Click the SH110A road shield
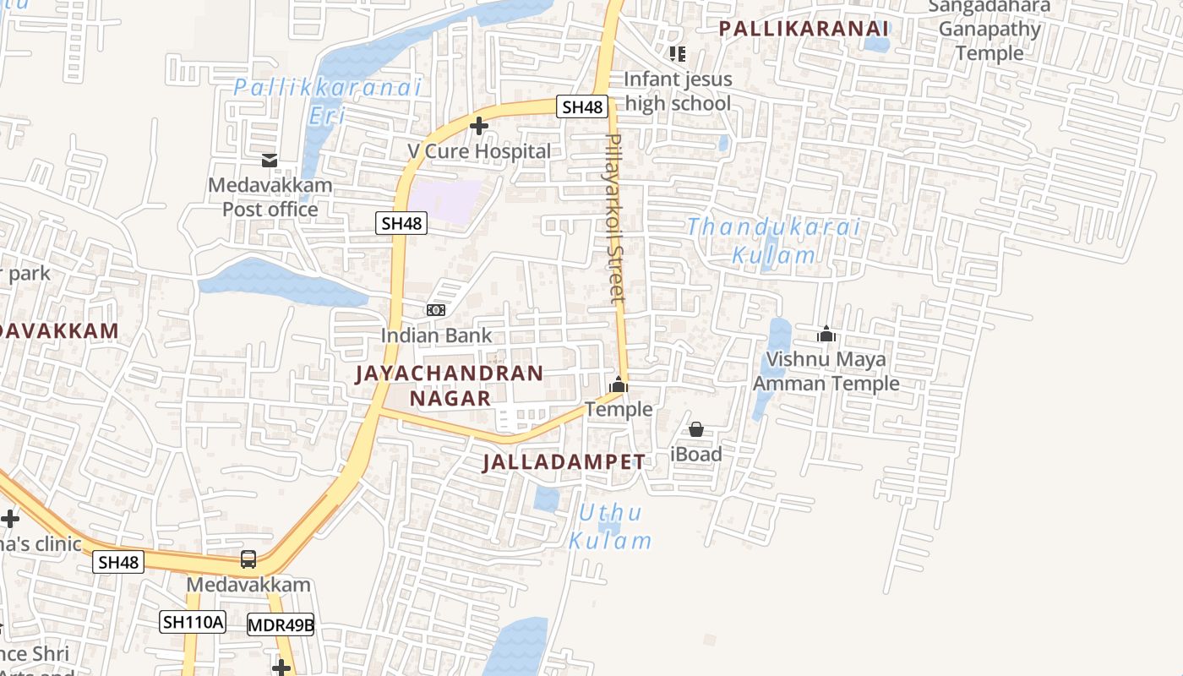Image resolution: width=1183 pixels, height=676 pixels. pyautogui.click(x=193, y=623)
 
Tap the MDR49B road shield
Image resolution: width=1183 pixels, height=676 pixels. pyautogui.click(x=281, y=626)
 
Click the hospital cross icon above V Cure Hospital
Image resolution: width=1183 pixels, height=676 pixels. pyautogui.click(x=479, y=127)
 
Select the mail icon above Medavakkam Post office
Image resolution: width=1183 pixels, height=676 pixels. pyautogui.click(x=270, y=160)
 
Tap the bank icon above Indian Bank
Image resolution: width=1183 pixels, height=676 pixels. pyautogui.click(x=436, y=310)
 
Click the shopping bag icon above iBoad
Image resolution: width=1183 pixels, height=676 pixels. pyautogui.click(x=696, y=429)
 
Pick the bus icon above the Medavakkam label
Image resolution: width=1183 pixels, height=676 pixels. pyautogui.click(x=248, y=559)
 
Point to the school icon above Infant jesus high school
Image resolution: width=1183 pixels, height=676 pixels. pyautogui.click(x=677, y=54)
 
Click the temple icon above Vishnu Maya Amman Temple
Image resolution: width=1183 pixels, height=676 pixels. pyautogui.click(x=826, y=335)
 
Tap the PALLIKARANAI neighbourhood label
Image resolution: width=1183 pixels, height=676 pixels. pyautogui.click(x=804, y=29)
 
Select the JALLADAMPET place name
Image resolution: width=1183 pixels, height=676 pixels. pyautogui.click(x=564, y=462)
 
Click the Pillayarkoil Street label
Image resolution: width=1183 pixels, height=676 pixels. pyautogui.click(x=616, y=217)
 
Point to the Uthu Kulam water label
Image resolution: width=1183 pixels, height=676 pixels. pyautogui.click(x=610, y=526)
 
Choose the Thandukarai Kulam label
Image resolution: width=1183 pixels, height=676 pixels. pyautogui.click(x=773, y=241)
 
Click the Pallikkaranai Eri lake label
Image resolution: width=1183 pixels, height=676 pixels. pyautogui.click(x=327, y=101)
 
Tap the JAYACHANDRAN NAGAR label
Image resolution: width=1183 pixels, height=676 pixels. pyautogui.click(x=450, y=385)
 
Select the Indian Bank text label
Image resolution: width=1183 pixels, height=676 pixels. pyautogui.click(x=435, y=335)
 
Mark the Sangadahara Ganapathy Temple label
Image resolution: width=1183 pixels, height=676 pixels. pyautogui.click(x=989, y=30)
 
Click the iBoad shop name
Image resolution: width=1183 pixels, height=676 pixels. pyautogui.click(x=696, y=455)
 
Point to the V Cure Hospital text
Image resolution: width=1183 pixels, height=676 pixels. pyautogui.click(x=479, y=151)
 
